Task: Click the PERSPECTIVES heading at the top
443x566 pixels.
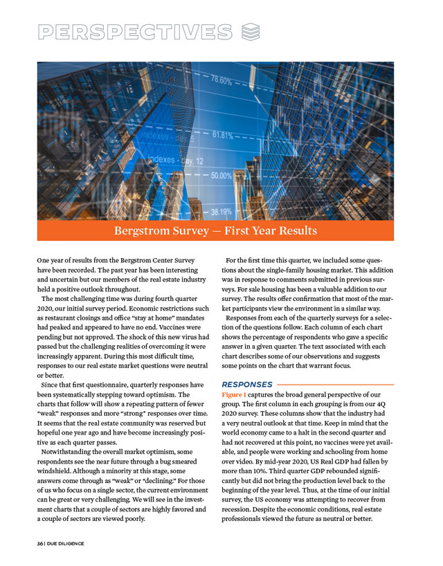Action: coord(135,33)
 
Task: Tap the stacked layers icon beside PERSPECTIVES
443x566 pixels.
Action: coord(251,32)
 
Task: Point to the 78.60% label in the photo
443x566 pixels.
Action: coord(217,80)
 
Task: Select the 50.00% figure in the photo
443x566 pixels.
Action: coord(221,176)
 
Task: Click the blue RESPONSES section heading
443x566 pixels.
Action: coord(247,383)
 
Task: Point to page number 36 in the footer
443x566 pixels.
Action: coord(41,543)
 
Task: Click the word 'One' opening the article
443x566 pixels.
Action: coord(44,260)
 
